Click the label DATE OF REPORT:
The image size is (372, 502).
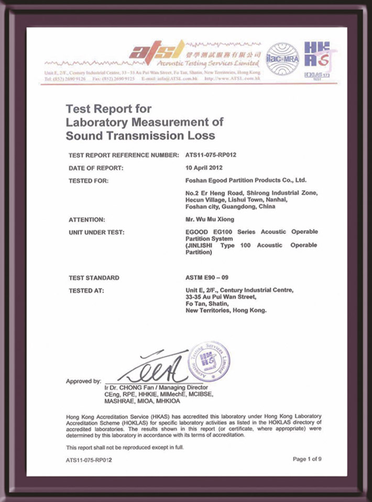tap(96, 168)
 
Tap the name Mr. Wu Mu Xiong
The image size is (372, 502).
tap(207, 220)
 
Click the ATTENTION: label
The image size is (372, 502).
tap(87, 220)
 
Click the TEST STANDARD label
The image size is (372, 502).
tap(94, 278)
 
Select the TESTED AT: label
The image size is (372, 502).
tap(86, 291)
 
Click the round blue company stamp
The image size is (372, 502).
tap(209, 361)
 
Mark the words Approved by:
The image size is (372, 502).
tap(84, 381)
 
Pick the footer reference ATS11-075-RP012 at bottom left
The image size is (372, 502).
tap(89, 460)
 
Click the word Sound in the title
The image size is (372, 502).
tap(83, 136)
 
